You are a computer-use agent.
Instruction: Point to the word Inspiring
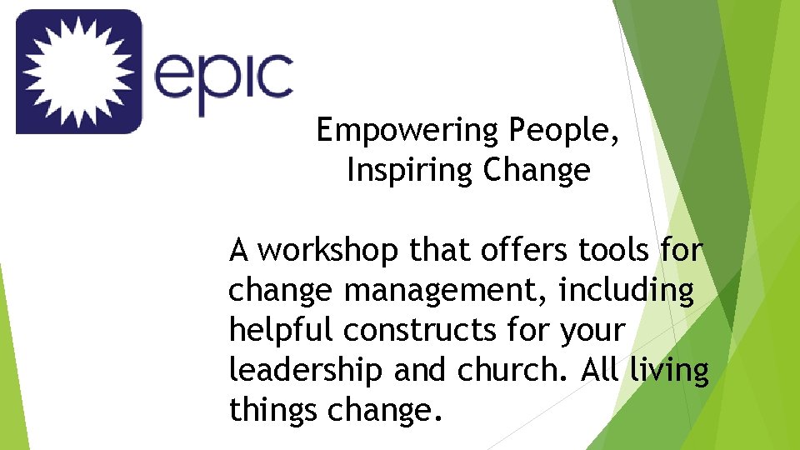[409, 171]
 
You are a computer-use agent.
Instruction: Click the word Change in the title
[537, 171]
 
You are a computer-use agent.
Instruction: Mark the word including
[627, 291]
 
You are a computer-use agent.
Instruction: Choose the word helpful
[282, 331]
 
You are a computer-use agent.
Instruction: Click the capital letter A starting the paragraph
[239, 249]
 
